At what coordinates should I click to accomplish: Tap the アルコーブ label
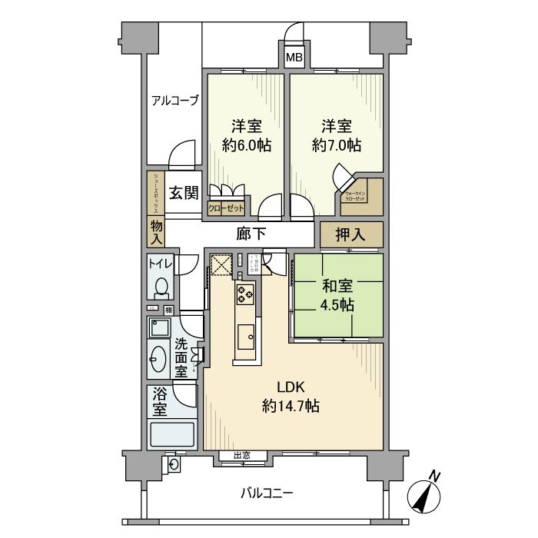[174, 100]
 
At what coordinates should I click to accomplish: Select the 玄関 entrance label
[184, 193]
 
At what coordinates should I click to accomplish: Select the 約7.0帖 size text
[335, 144]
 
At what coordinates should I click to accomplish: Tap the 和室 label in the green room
[337, 287]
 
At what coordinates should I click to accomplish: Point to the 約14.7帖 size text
[291, 406]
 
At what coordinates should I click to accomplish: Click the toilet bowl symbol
[161, 287]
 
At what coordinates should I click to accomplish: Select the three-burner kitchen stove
[246, 293]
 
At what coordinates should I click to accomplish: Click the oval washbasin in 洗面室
[159, 357]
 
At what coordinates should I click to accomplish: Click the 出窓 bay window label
[242, 456]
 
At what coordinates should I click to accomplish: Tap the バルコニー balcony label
[266, 492]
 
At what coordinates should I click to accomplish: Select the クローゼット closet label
[227, 208]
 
